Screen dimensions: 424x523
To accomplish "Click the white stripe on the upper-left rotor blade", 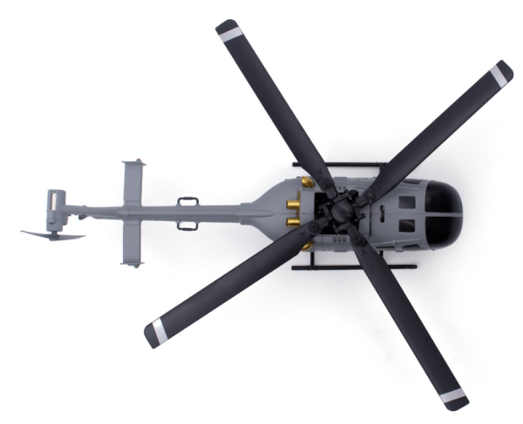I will tap(230, 32).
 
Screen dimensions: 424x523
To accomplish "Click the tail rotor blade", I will tap(52, 234).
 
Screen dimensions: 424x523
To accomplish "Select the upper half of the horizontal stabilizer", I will tap(132, 184).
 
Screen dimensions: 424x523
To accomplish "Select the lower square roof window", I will tap(406, 225).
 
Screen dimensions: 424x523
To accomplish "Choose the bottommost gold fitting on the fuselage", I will tap(308, 246).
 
